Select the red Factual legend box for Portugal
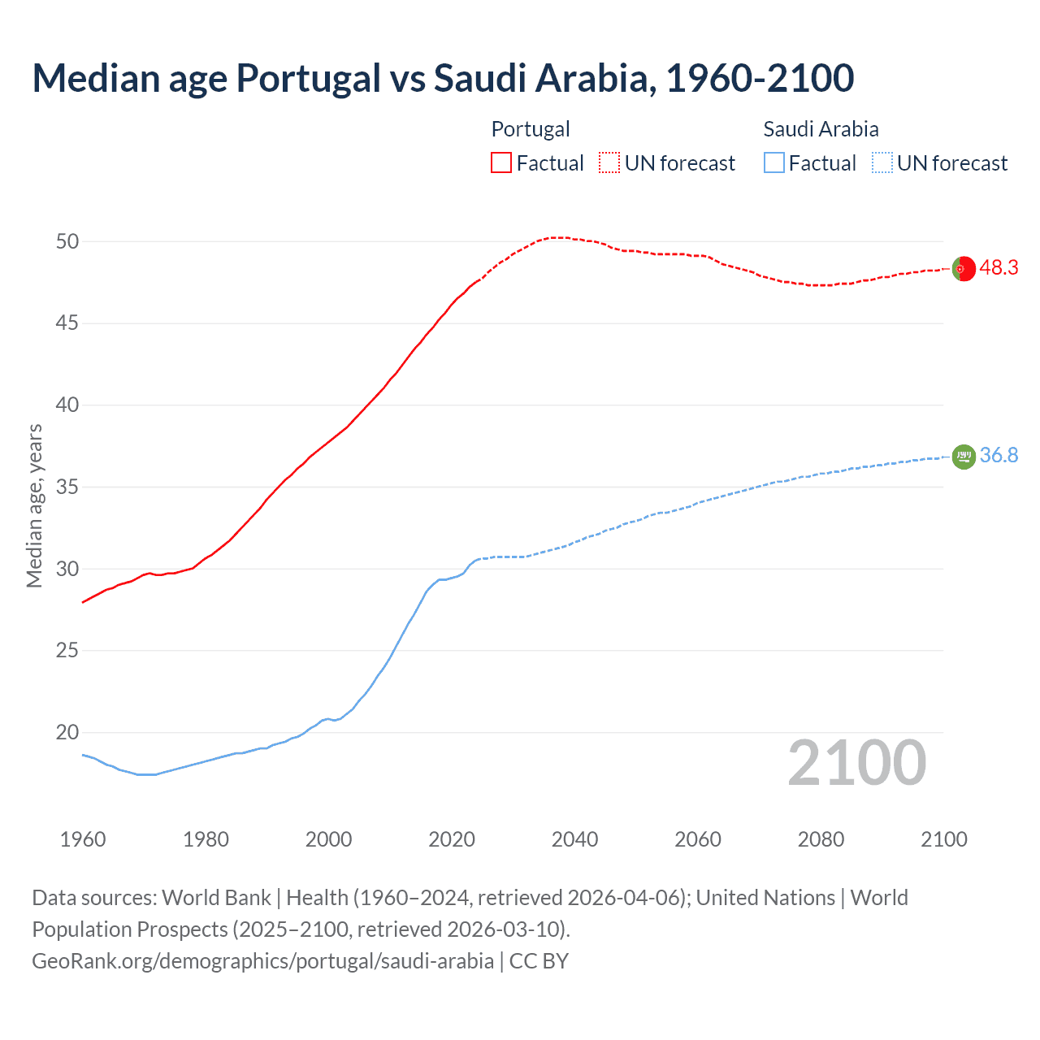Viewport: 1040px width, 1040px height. [x=501, y=162]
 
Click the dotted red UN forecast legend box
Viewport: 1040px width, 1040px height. [x=609, y=162]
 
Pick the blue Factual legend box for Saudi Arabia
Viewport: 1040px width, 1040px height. [x=774, y=162]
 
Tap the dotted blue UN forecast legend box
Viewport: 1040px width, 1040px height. [x=882, y=162]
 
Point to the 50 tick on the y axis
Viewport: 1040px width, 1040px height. [x=67, y=241]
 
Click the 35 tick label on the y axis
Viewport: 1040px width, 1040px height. [x=67, y=487]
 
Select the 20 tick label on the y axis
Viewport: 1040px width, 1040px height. [x=67, y=732]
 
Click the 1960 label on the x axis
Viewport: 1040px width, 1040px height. [x=83, y=839]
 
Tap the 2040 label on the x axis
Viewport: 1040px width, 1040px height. [x=574, y=839]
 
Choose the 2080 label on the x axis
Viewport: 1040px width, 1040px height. [x=821, y=839]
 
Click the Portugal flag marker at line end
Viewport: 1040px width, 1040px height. [x=964, y=268]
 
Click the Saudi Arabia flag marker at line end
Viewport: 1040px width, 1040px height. [x=964, y=457]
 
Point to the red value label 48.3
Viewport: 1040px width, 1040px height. [x=999, y=268]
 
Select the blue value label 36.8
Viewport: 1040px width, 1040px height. [x=999, y=456]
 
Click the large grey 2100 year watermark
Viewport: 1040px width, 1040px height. [x=856, y=763]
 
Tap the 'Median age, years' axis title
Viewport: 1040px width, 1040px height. [x=34, y=505]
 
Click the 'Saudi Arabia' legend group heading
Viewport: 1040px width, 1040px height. [x=821, y=129]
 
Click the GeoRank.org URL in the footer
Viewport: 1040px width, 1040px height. [x=262, y=961]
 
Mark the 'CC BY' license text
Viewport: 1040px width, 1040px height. [x=539, y=961]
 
